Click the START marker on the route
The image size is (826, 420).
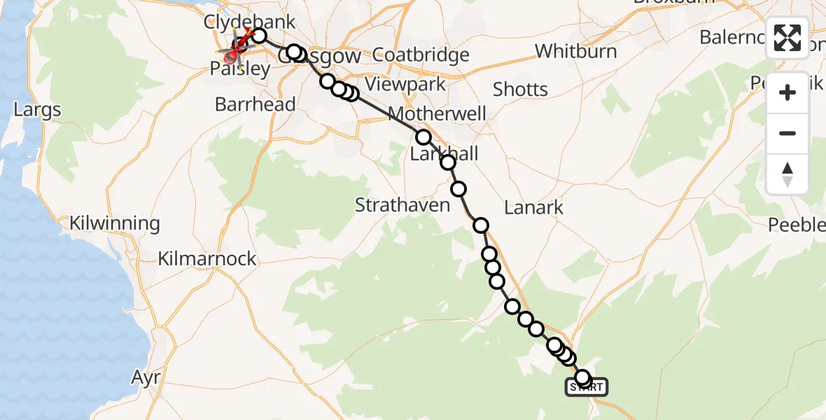[587, 386]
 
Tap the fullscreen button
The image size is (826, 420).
[787, 38]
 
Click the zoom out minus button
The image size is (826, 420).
[787, 133]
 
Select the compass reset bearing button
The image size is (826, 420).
[787, 174]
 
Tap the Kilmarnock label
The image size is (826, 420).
[207, 259]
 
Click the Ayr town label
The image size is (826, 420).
[146, 378]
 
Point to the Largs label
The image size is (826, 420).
[37, 110]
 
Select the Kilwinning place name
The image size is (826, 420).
[115, 224]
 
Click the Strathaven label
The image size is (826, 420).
[402, 206]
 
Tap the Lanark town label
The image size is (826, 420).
[534, 207]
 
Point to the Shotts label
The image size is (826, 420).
[520, 90]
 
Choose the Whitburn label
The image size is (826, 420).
[576, 51]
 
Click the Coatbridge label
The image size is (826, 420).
[421, 55]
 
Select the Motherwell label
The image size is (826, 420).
[437, 113]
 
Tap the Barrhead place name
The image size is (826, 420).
[255, 105]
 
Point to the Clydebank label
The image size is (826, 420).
[249, 21]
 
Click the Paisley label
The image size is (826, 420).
[240, 69]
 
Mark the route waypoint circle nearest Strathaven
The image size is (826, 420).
[458, 189]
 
